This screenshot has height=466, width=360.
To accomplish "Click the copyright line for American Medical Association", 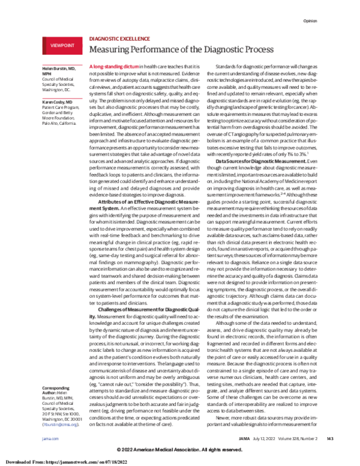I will pyautogui.click(x=179, y=450).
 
